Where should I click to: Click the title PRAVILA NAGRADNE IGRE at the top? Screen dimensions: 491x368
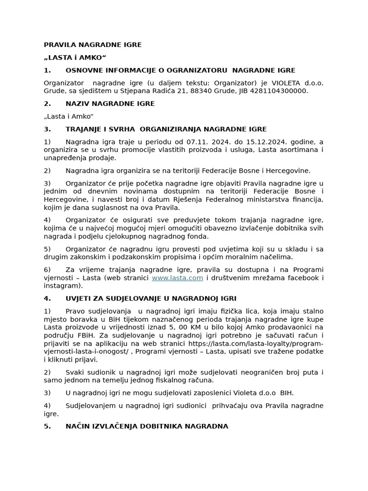click(x=92, y=45)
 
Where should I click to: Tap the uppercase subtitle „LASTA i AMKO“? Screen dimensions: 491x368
click(x=75, y=58)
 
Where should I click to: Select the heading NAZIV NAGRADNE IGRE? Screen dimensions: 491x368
click(x=110, y=104)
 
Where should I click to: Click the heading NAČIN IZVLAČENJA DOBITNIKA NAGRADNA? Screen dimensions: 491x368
click(x=147, y=426)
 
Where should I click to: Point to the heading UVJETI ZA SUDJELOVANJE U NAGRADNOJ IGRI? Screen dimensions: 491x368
click(x=150, y=298)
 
